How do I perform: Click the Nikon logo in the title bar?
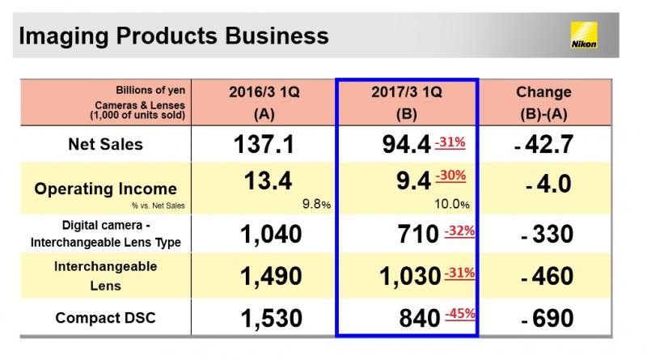point(584,36)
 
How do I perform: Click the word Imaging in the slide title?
point(64,36)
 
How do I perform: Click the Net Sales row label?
point(106,144)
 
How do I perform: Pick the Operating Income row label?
point(106,188)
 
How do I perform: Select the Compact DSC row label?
point(106,318)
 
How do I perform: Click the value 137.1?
point(264,145)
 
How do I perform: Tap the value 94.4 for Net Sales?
point(407,145)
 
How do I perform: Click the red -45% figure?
point(460,314)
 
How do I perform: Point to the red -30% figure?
point(450,176)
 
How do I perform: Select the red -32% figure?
point(459,231)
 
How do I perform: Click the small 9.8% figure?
point(316,204)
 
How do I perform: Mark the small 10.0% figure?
point(452,204)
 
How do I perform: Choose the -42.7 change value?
point(543,145)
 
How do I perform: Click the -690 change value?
point(548,318)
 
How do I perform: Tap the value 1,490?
point(271,276)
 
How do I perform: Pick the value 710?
point(418,234)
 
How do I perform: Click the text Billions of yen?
point(150,90)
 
